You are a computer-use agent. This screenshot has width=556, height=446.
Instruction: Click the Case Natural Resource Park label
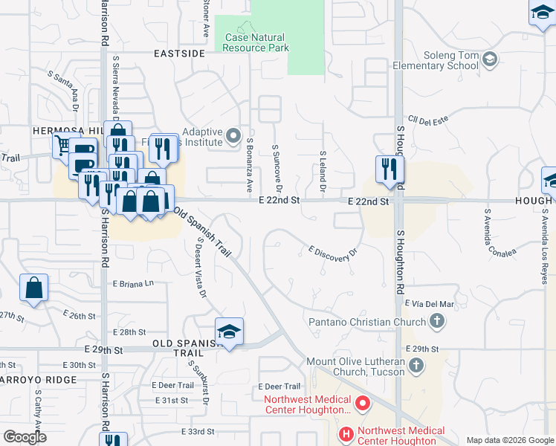coord(254,42)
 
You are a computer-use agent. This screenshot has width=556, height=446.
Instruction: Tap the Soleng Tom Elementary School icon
coord(489,58)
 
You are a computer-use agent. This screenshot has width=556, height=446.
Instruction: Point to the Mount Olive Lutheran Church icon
coord(416,365)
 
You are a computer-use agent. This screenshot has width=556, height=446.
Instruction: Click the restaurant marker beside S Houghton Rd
coord(389,169)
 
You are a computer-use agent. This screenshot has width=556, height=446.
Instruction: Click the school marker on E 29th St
coord(230,332)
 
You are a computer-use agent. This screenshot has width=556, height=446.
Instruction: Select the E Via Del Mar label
coord(429,303)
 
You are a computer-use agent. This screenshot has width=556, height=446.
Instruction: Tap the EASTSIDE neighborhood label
coord(178,54)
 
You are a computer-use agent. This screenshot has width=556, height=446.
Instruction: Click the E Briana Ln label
coord(133,283)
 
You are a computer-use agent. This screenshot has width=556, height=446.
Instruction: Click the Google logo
coord(25,437)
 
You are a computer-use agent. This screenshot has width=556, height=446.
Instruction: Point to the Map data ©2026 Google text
coord(510,440)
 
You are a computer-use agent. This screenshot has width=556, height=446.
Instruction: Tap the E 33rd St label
coord(197,431)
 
